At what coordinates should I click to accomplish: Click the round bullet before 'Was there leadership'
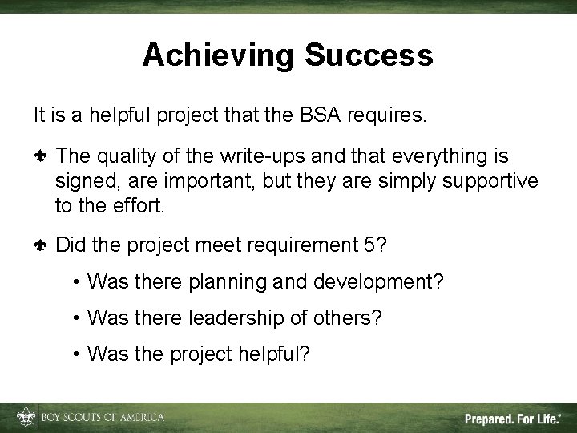75,318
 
